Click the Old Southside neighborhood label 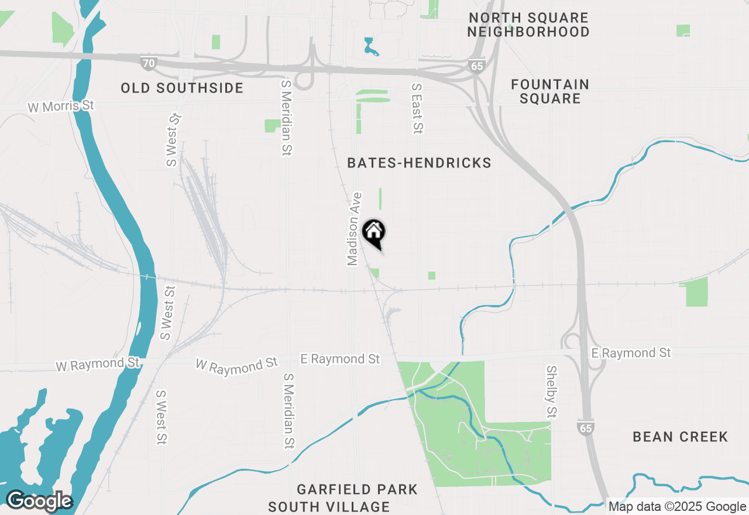coord(182,88)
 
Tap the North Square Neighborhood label coord(528,25)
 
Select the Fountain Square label coord(550,91)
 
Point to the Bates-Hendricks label coord(419,163)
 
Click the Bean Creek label coord(680,437)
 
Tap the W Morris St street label coord(61,107)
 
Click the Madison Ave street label coord(354,229)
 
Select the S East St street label coord(417,109)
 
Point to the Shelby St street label coord(551,392)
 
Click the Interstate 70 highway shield coord(149,62)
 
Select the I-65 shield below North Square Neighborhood coord(477,66)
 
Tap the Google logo coord(39,501)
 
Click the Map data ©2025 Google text coord(677,507)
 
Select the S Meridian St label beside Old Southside coord(286,118)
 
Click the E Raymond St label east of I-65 coord(631,353)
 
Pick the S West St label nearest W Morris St coord(174,140)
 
